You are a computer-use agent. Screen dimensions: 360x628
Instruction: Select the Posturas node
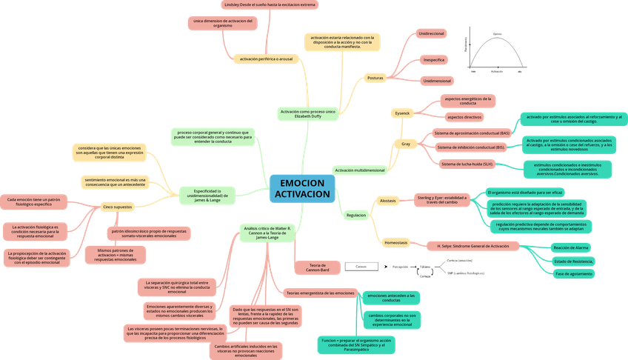[x=375, y=78]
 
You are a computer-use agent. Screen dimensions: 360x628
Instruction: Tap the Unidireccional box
[x=432, y=34]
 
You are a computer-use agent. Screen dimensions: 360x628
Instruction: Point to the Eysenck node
[x=402, y=113]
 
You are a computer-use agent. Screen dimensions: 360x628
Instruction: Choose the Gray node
[x=405, y=143]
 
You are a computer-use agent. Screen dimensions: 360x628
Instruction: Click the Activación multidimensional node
[x=360, y=170]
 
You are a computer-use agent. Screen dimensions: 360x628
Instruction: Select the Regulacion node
[x=356, y=215]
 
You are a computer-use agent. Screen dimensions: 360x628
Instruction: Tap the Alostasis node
[x=387, y=201]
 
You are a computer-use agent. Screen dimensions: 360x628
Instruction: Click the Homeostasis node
[x=396, y=242]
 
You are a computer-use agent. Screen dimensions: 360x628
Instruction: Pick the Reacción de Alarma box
[x=571, y=248]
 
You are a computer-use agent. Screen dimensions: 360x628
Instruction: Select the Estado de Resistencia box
[x=573, y=261]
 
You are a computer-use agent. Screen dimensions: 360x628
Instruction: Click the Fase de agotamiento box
[x=574, y=274]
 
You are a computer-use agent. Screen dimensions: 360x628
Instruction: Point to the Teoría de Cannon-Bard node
[x=318, y=267]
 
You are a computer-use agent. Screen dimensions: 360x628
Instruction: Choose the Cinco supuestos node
[x=116, y=207]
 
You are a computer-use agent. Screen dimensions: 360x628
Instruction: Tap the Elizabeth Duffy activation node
[x=308, y=114]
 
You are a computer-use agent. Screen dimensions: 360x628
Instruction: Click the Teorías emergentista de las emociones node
[x=321, y=293]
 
